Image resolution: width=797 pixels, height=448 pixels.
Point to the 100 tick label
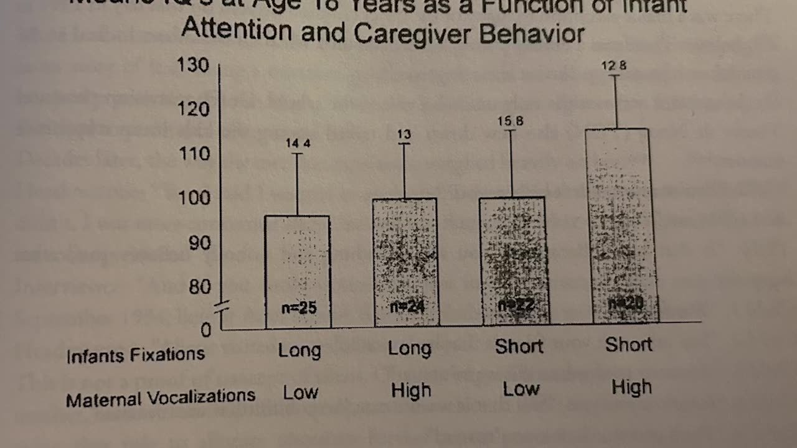(x=194, y=198)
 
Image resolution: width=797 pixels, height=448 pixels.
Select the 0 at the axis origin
(x=206, y=330)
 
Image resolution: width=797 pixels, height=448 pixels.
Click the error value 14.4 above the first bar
(x=298, y=144)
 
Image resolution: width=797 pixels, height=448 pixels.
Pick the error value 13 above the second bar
(x=403, y=134)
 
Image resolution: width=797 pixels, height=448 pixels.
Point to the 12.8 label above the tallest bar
(x=614, y=66)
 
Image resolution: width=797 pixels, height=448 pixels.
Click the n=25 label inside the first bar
(x=298, y=307)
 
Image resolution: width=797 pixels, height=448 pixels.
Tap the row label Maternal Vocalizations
(x=161, y=396)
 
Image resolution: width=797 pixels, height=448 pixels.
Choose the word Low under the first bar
(x=301, y=393)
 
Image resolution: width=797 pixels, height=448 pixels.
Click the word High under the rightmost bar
(x=631, y=388)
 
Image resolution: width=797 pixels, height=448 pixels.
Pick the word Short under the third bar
(x=519, y=347)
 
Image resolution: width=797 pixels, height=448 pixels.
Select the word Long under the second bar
(x=410, y=348)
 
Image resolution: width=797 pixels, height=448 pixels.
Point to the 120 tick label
(x=194, y=110)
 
